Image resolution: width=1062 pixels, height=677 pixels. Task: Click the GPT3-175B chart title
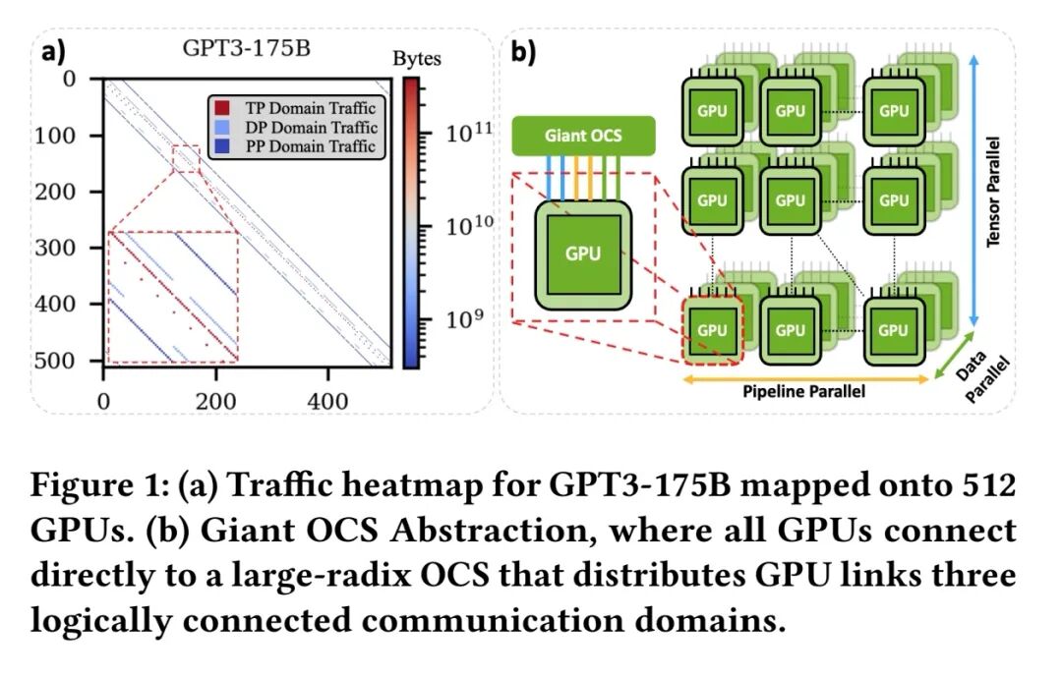pos(247,49)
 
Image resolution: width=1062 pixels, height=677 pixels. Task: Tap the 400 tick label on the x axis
pos(327,402)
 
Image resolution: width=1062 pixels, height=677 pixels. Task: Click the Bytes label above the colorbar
pos(417,59)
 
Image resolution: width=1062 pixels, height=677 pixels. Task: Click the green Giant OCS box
pos(583,136)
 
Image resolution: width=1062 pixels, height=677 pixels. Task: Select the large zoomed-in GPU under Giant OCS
pos(583,254)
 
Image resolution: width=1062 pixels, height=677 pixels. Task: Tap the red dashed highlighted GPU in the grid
pos(713,330)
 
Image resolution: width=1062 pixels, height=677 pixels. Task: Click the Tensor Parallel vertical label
pos(993,192)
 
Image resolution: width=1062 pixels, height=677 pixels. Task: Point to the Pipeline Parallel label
pos(804,391)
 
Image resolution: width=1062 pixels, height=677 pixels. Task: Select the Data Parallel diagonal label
pos(980,376)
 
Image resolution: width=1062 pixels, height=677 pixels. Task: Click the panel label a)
pos(53,52)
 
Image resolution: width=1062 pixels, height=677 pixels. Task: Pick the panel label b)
pos(523,52)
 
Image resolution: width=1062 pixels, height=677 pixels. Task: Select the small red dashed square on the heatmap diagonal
pos(186,159)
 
